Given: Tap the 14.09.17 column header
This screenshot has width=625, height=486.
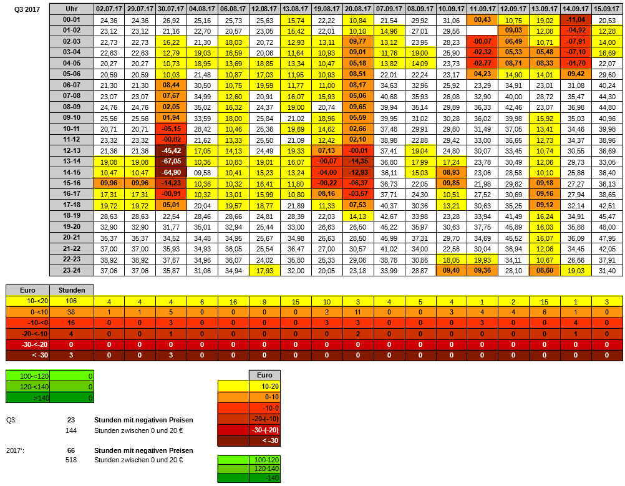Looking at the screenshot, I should tap(576, 9).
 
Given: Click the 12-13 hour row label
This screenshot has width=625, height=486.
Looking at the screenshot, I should tap(72, 151).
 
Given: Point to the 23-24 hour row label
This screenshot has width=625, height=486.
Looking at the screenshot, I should tap(72, 270).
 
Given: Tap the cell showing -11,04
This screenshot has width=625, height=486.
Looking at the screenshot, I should tap(576, 20).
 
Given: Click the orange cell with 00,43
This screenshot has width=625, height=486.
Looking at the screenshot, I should tap(483, 20).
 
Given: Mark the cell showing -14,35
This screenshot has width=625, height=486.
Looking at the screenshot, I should tap(358, 161).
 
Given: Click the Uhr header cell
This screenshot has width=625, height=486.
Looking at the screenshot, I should tap(72, 9).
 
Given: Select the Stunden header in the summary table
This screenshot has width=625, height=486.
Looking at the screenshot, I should tap(72, 289).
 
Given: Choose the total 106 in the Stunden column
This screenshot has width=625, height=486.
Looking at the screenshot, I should tap(72, 301).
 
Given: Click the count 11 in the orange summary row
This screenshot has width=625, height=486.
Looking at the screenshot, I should tap(358, 312).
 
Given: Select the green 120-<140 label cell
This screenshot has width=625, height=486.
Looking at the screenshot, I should tap(27, 387).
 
